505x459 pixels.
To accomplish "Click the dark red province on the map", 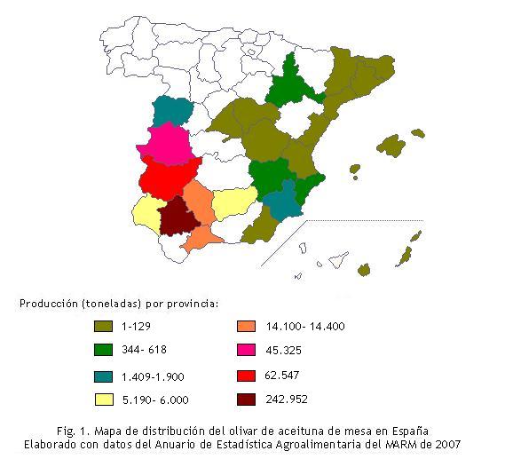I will (178, 218).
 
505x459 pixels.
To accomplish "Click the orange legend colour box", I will (246, 327).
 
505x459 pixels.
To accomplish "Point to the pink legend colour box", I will (246, 349).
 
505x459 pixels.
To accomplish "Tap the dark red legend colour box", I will (246, 400).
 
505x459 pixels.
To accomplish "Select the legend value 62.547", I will (284, 375).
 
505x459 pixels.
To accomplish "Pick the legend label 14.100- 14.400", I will (305, 327).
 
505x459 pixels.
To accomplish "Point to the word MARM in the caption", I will (397, 443).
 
